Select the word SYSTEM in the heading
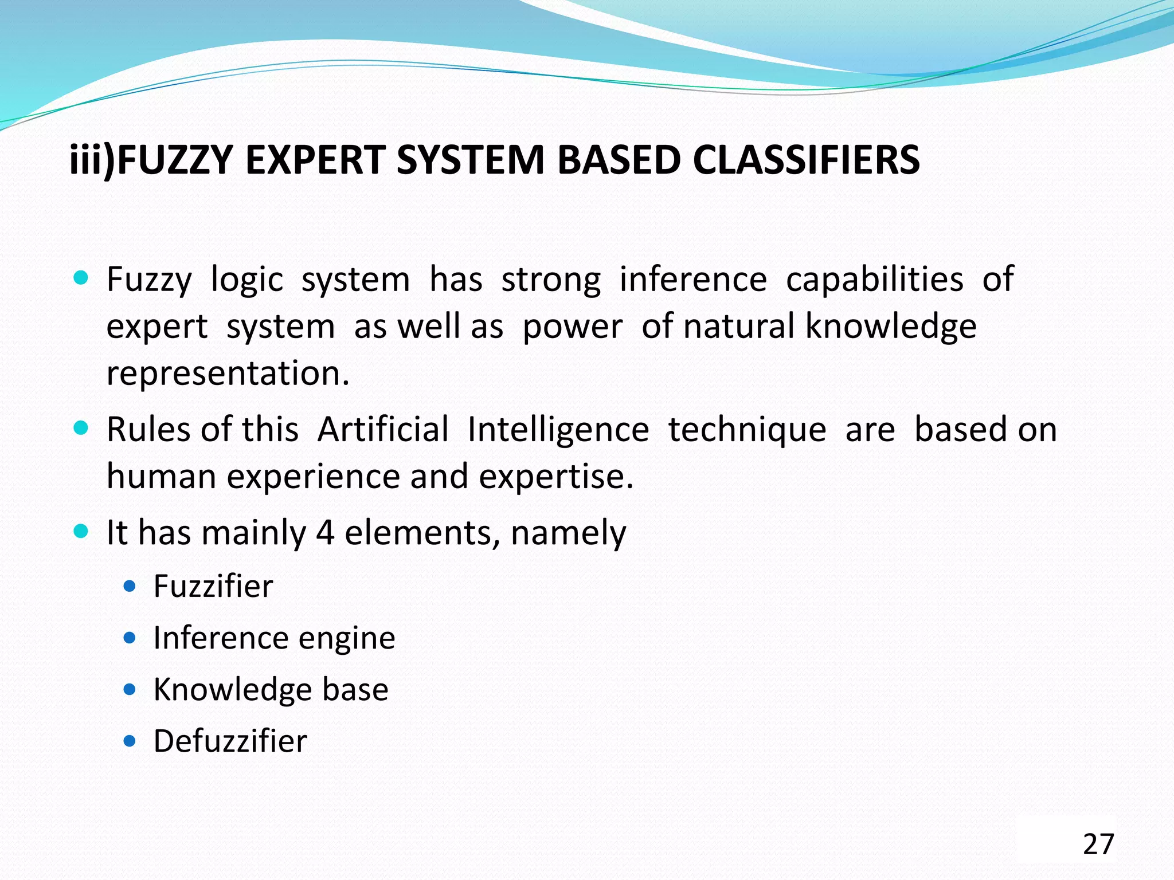point(470,160)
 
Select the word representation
point(228,374)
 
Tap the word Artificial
point(383,429)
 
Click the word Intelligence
point(558,429)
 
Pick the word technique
point(748,429)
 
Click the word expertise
point(556,476)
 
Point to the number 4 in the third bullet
point(325,532)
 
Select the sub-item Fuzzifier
point(213,586)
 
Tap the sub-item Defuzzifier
point(230,741)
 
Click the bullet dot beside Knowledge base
point(130,690)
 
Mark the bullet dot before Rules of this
point(81,428)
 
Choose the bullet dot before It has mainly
point(81,531)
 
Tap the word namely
point(568,533)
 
